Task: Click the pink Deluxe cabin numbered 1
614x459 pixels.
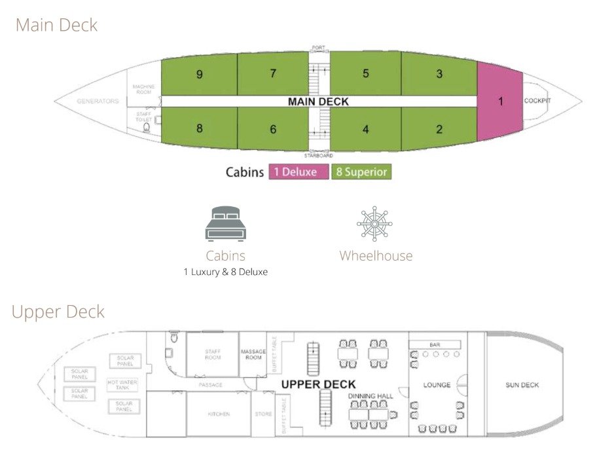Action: (500, 101)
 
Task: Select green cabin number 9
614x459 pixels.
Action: (199, 75)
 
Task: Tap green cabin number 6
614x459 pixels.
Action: (273, 129)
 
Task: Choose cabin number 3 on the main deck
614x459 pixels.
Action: (439, 74)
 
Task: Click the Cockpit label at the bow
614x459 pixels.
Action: (537, 101)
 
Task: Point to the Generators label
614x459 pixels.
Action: (98, 101)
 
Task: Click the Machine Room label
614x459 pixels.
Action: (143, 89)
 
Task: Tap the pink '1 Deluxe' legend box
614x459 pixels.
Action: (298, 172)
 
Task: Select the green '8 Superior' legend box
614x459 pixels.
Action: (361, 172)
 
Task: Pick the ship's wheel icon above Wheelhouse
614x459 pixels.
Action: (375, 224)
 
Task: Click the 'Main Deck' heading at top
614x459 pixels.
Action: (56, 26)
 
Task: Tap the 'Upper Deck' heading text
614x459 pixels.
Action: (58, 312)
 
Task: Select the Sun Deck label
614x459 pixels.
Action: (522, 385)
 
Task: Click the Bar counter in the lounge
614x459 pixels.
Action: (435, 344)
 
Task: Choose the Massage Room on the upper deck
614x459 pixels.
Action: (253, 354)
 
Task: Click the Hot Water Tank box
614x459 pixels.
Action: (122, 384)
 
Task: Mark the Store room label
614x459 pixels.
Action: (264, 414)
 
